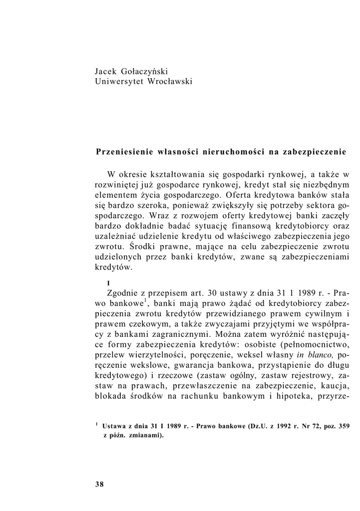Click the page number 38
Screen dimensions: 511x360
point(99,484)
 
